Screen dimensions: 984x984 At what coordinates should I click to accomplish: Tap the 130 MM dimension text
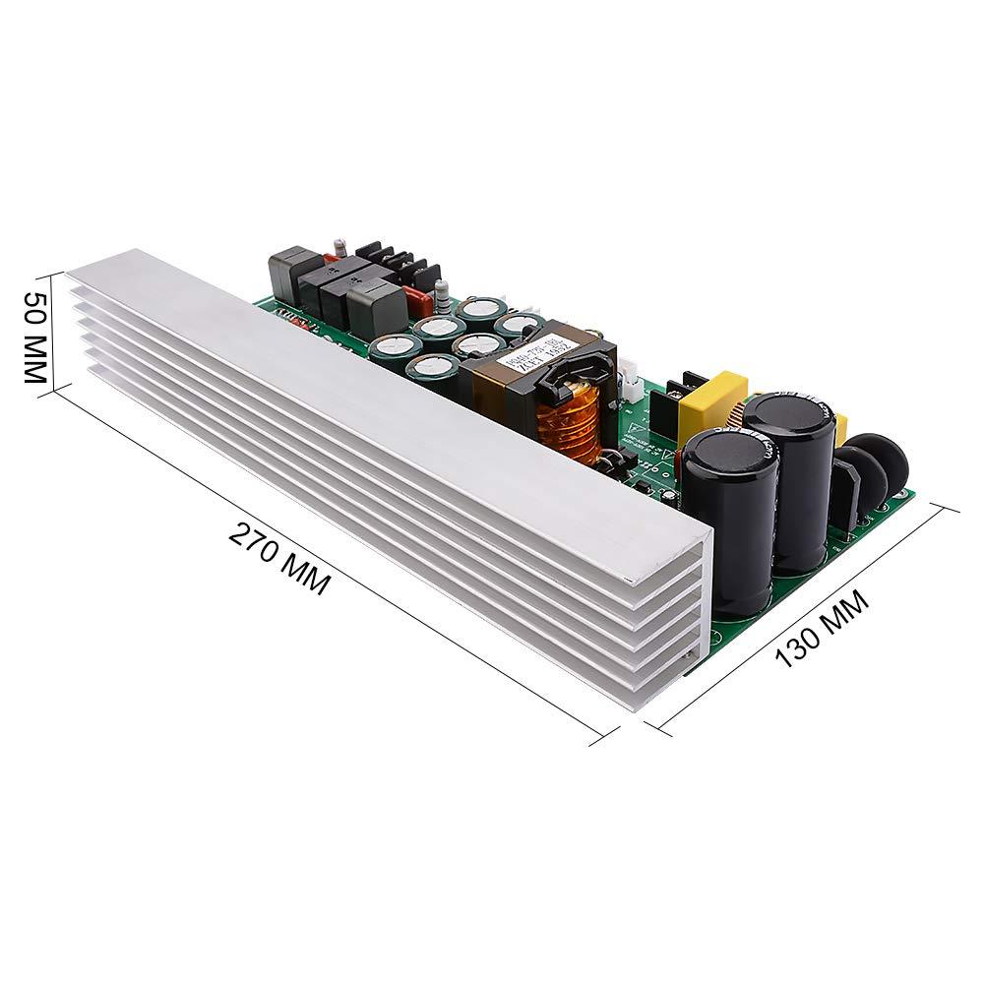click(x=824, y=630)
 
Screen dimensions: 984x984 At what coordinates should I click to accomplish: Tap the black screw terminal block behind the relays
click(x=404, y=261)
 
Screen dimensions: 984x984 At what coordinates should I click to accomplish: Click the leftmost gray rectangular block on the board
click(x=286, y=270)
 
